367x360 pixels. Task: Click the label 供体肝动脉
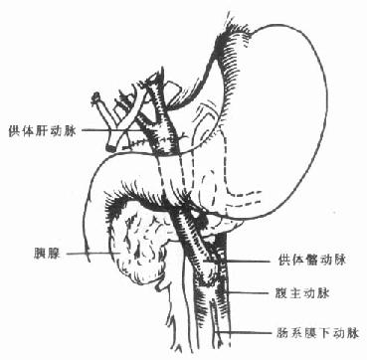coord(43,130)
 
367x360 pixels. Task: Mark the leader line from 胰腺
coord(90,256)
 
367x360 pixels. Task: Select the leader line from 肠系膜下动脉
coord(249,332)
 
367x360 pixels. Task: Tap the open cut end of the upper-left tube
coord(96,98)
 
